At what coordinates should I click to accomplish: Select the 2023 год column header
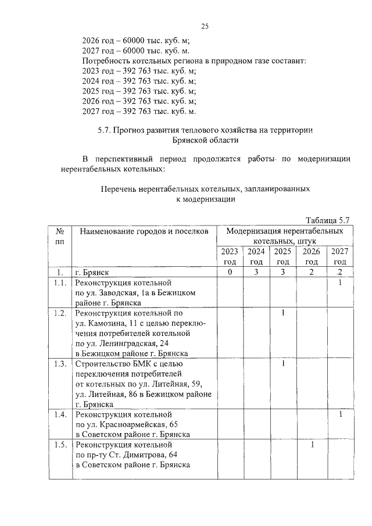230,256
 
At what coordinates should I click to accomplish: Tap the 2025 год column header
282,256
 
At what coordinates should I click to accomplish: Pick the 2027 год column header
340,256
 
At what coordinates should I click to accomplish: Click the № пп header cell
59,236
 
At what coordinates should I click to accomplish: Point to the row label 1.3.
59,364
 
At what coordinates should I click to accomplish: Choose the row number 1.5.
59,445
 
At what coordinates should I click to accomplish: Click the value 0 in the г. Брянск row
230,273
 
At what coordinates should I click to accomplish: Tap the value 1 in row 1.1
340,283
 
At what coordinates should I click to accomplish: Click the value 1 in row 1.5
312,445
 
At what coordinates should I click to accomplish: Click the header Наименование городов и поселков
144,231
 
